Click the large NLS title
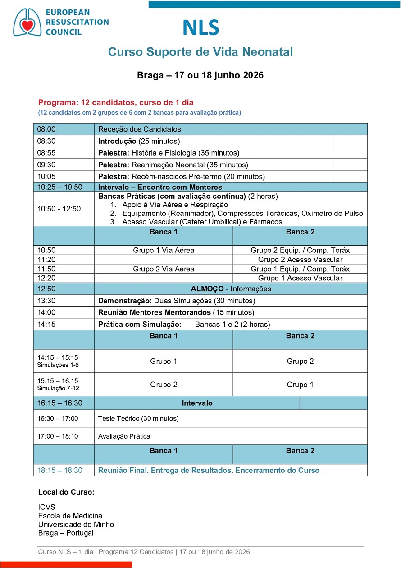coord(200,28)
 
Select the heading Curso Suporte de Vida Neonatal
coord(200,52)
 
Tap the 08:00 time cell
coord(46,129)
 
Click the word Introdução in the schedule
coord(118,141)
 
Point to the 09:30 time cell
coord(46,165)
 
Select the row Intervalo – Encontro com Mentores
coord(160,187)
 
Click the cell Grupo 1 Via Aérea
coord(164,250)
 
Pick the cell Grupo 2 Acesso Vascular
coord(300,260)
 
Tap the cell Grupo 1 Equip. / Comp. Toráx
coord(300,269)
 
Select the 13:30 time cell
coord(46,301)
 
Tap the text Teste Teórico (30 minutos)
coord(138,418)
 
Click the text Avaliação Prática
coord(124,436)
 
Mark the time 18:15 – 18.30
coord(60,470)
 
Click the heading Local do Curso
coord(66,492)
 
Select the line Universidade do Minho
coord(76,524)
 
